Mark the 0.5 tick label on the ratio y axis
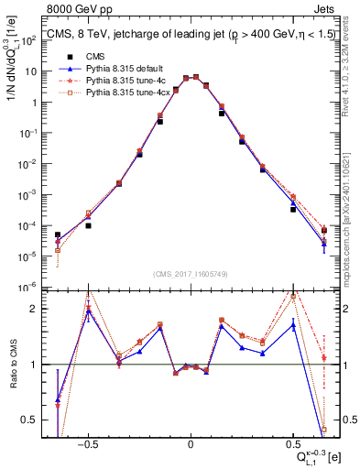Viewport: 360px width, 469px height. pos(33,420)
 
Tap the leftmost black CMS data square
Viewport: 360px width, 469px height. pos(58,234)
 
